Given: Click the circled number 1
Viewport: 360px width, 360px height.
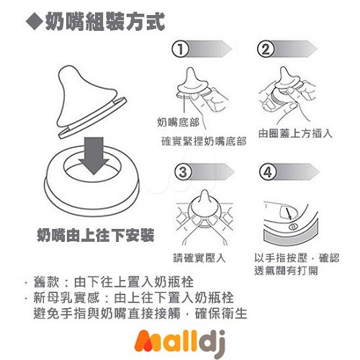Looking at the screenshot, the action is pos(180,49).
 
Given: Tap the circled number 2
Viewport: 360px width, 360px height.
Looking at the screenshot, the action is pos(266,49).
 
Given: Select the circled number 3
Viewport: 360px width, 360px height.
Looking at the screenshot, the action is pos(183,171).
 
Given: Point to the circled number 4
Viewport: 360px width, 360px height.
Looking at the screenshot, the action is pos(268,171).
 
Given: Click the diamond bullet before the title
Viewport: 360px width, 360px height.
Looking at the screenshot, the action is pos(35,22).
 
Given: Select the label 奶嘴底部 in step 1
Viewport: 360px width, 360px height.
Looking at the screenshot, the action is pos(178,122).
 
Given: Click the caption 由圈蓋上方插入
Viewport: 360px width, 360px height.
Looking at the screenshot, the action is pos(295,133).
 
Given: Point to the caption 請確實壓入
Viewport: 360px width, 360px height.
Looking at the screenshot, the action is pos(199,258).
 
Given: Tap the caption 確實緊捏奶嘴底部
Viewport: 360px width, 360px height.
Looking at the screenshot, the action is pos(204,141).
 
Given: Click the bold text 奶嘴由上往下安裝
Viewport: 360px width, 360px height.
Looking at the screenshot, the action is pos(96,235).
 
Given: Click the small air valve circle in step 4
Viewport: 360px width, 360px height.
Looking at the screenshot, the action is pos(293,225).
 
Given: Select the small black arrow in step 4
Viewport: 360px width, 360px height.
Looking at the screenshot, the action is pos(288,214).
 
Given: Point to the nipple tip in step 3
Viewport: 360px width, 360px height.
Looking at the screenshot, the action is pos(204,192).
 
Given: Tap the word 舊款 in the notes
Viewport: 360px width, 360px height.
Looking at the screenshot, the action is pos(46,282).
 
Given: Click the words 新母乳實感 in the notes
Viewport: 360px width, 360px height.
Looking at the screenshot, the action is pos(66,298).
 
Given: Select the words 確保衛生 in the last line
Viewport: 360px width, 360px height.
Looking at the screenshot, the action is pos(221,313).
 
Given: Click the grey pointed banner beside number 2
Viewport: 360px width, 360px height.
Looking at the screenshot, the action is pos(294,49).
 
